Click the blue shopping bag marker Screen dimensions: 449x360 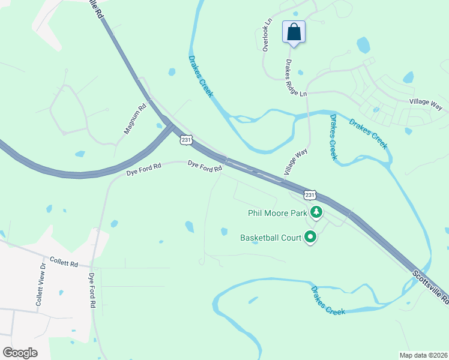coord(294,31)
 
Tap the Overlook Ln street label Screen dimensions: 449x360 coord(268,34)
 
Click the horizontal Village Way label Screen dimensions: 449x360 coord(426,104)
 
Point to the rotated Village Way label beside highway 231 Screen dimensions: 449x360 coord(295,163)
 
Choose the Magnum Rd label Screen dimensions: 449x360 coord(135,119)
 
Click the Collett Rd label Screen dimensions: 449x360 coord(64,263)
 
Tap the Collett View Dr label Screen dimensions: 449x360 coord(40,285)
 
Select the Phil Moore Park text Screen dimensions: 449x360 coord(277,212)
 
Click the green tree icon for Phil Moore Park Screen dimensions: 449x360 coord(316,212)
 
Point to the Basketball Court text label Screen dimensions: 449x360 coord(270,238)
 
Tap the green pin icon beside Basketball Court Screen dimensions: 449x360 coord(310,238)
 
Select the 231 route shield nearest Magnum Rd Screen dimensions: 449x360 coord(186,140)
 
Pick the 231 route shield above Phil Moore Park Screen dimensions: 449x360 coord(310,195)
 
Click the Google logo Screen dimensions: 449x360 coord(20,353)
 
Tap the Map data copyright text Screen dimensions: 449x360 coord(423,355)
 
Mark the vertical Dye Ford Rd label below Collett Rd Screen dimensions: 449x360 coord(92,291)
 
